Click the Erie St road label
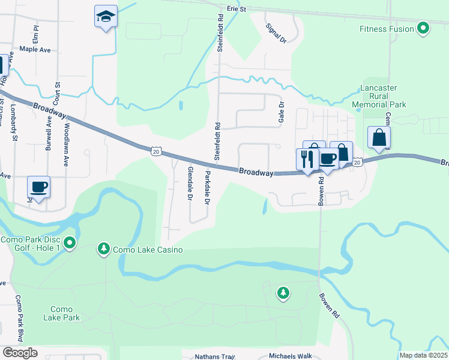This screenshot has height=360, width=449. click(237, 10)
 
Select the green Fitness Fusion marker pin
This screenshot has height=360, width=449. click(423, 28)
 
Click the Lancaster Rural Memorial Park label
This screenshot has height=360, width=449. click(384, 96)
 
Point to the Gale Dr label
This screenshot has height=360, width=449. click(280, 112)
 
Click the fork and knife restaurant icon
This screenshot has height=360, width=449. click(306, 160)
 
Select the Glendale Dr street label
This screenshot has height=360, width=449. click(189, 183)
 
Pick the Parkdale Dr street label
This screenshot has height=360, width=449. click(206, 188)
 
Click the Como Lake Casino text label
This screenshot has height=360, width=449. click(140, 248)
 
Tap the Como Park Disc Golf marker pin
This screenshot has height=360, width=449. click(70, 243)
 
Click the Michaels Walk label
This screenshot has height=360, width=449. click(291, 356)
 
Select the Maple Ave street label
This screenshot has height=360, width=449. click(35, 49)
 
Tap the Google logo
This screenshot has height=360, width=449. click(19, 353)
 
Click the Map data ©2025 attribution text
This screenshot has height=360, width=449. click(423, 355)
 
